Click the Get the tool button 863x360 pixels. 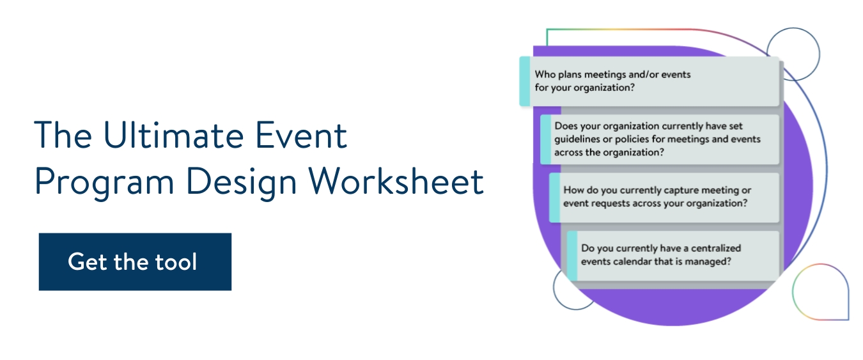135,262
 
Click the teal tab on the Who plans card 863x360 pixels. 524,81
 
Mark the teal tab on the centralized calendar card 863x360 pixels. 572,255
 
